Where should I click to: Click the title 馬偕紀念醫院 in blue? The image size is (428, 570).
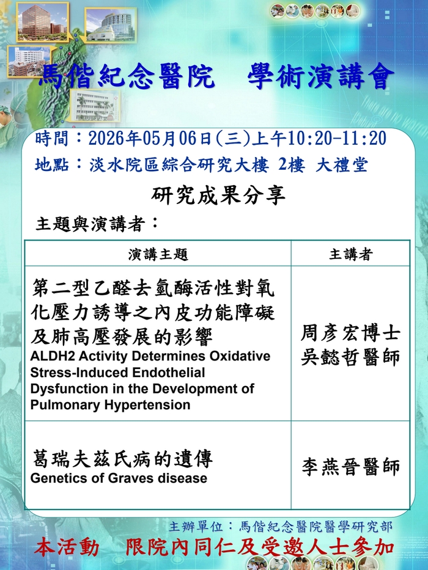coord(126,76)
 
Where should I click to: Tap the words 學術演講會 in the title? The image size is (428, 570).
coord(321,76)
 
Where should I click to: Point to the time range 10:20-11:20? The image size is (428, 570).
coord(337,139)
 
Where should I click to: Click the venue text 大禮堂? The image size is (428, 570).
coord(342,165)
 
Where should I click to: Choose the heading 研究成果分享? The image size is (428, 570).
coord(218,195)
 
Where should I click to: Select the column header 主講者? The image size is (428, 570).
coord(351,254)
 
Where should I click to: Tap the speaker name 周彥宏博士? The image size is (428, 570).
coord(350,333)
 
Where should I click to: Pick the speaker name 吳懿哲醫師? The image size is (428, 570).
coord(350,357)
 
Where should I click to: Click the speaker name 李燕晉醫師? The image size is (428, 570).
coord(350,467)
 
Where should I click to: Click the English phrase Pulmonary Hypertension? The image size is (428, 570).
coord(110,405)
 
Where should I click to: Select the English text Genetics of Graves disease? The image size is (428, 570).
coord(119,478)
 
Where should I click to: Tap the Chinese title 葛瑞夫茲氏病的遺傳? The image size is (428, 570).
coord(122,458)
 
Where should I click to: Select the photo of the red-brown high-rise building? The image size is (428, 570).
coord(43,21)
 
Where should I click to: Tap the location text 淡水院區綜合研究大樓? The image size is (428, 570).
coord(179,165)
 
